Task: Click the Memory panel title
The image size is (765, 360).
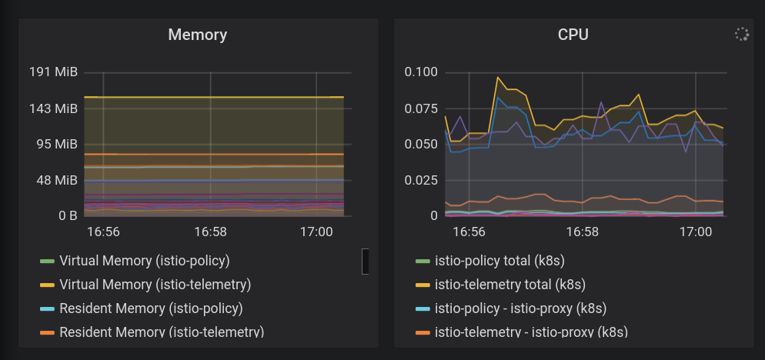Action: click(x=198, y=35)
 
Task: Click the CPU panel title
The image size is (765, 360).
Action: click(x=573, y=35)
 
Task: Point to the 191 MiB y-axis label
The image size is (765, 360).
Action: click(x=53, y=72)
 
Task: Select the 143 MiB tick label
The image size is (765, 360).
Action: click(x=53, y=108)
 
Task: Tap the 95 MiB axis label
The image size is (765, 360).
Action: click(x=56, y=144)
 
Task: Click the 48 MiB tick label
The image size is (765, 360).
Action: click(x=56, y=180)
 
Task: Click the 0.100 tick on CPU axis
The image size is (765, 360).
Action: click(x=421, y=72)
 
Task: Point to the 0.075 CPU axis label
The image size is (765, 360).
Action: click(x=421, y=108)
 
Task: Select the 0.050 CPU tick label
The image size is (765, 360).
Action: click(x=421, y=144)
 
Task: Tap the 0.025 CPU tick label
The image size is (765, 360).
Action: click(x=421, y=180)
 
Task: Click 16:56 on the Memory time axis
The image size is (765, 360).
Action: click(x=103, y=232)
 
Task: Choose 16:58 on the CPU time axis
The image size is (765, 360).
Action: click(x=583, y=232)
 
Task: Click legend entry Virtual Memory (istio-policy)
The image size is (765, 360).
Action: click(x=144, y=261)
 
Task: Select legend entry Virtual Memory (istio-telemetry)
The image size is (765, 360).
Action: click(x=155, y=285)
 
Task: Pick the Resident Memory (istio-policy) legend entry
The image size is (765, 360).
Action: click(x=151, y=308)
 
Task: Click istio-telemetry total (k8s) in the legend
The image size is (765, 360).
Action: click(x=510, y=285)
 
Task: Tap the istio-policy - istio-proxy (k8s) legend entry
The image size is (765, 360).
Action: click(x=520, y=308)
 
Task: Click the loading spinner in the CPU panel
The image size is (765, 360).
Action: click(x=742, y=34)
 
